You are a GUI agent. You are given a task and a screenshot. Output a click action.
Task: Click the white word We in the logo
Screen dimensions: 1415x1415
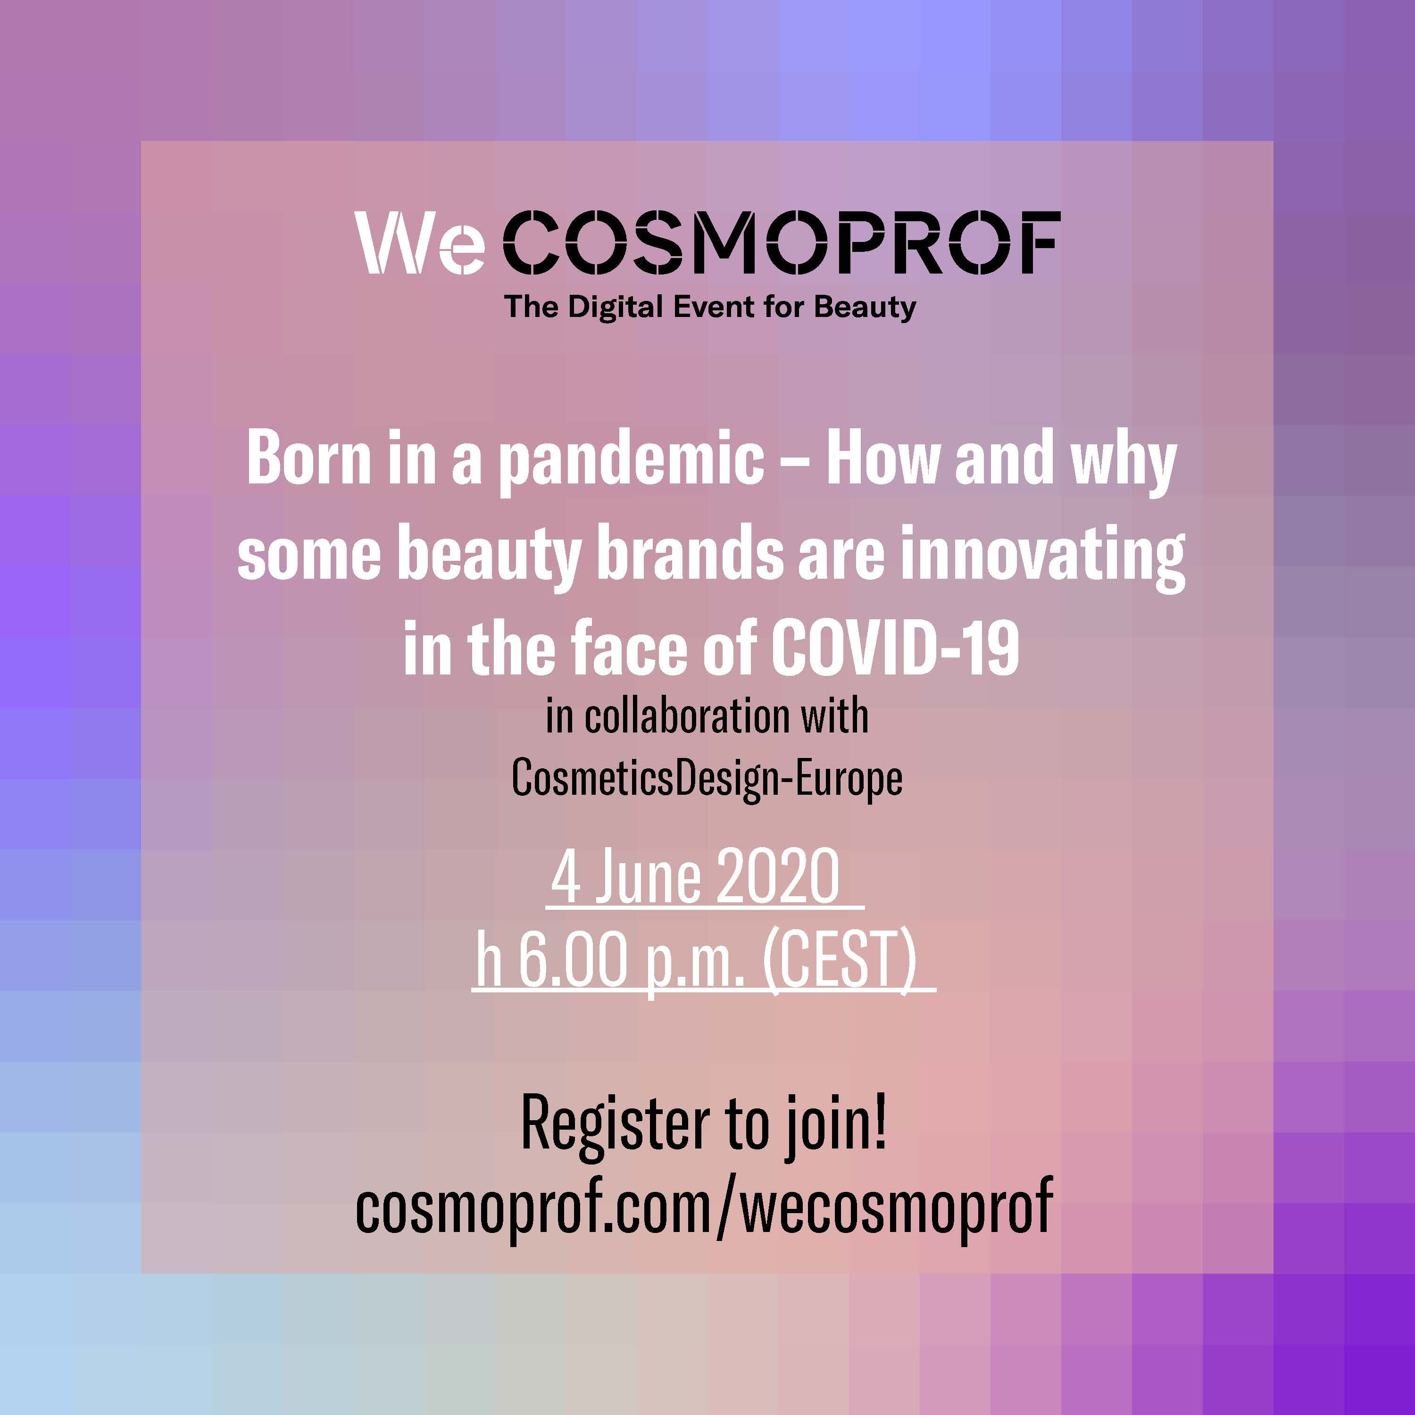420,242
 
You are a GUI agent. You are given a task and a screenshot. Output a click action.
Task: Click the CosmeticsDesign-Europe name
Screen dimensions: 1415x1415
707,779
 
